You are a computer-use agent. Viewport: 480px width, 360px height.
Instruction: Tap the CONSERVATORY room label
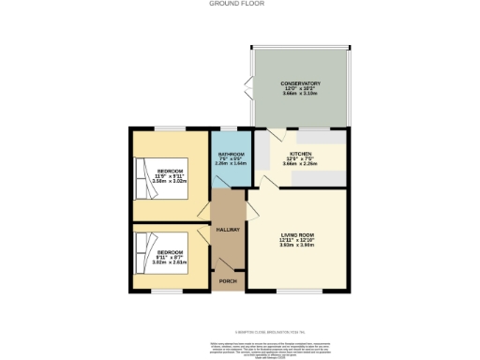click(x=301, y=83)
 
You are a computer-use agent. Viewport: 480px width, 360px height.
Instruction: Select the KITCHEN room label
click(x=301, y=152)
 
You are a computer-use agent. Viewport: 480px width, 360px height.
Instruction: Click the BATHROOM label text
click(x=232, y=154)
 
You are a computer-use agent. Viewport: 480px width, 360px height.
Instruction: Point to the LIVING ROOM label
click(x=297, y=235)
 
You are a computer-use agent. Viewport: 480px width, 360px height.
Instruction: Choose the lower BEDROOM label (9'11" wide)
click(x=170, y=252)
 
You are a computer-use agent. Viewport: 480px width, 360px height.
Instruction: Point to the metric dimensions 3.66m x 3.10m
click(x=301, y=94)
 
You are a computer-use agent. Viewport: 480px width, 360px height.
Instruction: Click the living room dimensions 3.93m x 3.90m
click(x=297, y=246)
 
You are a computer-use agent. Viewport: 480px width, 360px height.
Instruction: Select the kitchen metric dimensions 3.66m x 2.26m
click(x=301, y=162)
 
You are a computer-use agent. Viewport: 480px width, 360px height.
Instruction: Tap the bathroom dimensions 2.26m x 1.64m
click(x=232, y=164)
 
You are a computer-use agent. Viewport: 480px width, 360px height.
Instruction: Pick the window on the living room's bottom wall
click(x=296, y=291)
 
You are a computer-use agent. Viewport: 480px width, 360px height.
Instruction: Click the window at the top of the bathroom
click(x=230, y=127)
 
